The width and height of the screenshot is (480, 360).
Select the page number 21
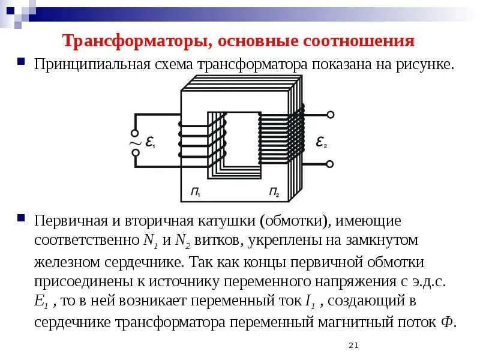[x=353, y=345]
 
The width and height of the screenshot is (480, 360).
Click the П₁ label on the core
[x=196, y=192]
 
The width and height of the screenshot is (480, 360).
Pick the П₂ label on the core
[x=274, y=192]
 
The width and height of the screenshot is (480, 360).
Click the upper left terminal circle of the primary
[x=136, y=133]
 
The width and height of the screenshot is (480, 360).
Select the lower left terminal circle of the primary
[x=136, y=154]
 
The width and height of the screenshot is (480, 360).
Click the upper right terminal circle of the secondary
[x=329, y=114]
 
